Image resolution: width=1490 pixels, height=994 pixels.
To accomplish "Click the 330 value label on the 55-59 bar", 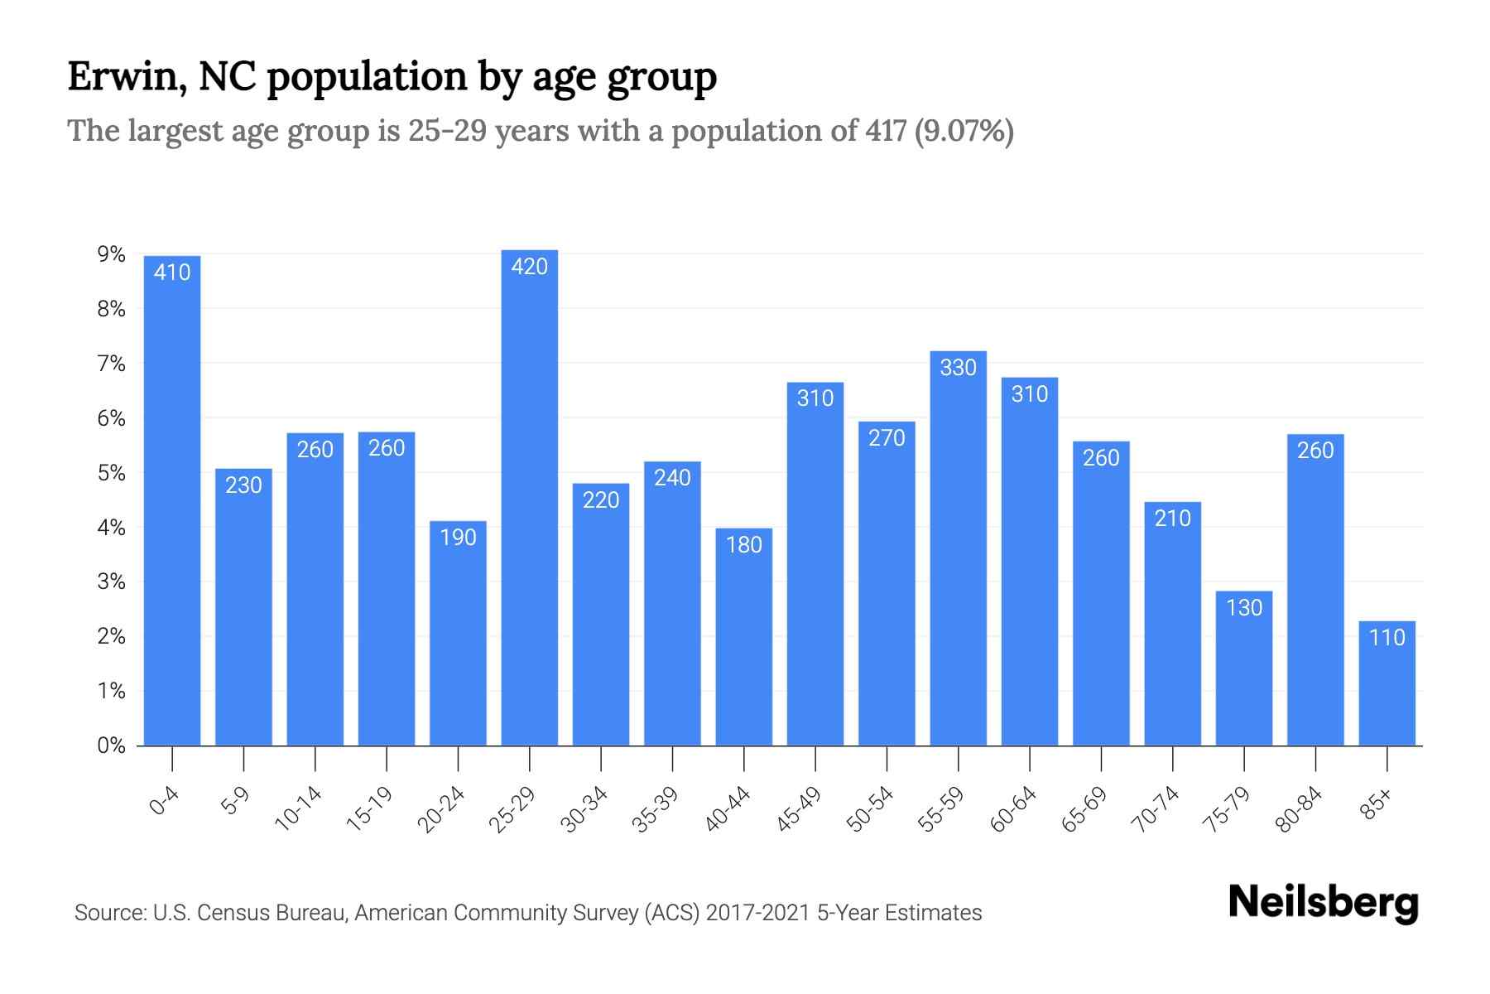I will (959, 367).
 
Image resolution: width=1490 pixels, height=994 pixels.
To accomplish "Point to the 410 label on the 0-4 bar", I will (172, 272).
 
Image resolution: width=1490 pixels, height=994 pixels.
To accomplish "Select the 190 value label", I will (458, 538).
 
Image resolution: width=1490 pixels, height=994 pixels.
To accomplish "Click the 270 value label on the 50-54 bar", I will (887, 437).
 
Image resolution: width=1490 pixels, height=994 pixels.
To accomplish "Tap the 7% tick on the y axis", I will (112, 364).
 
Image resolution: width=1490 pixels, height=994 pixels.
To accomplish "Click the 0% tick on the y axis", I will (112, 745).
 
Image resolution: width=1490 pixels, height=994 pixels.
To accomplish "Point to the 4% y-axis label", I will (112, 528).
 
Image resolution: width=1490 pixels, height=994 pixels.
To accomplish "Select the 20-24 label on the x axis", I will (442, 809).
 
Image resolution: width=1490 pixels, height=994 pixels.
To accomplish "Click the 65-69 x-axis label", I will (1085, 809).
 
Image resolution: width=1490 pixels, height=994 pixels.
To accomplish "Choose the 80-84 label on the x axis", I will (1300, 809).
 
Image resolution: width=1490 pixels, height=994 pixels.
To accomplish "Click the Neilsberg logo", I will (1323, 903).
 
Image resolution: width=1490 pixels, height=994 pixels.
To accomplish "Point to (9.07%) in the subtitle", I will (964, 131).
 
